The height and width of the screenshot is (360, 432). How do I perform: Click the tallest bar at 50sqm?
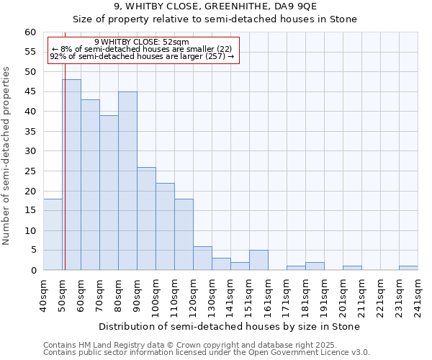pyautogui.click(x=71, y=175)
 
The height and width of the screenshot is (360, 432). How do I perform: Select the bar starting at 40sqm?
pyautogui.click(x=53, y=235)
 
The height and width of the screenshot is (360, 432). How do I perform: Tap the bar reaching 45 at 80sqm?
pyautogui.click(x=127, y=181)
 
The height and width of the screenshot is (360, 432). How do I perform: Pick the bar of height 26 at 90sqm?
pyautogui.click(x=146, y=219)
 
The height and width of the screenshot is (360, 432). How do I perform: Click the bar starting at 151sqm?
pyautogui.click(x=258, y=260)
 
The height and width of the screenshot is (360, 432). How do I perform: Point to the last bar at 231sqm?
pyautogui.click(x=408, y=268)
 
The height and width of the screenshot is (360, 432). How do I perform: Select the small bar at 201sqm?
pyautogui.click(x=352, y=268)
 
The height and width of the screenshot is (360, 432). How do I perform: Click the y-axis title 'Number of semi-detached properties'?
pyautogui.click(x=7, y=156)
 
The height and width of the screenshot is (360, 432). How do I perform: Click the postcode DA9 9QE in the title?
pyautogui.click(x=277, y=6)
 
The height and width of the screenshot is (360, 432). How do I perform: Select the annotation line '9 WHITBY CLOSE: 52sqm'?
pyautogui.click(x=141, y=42)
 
